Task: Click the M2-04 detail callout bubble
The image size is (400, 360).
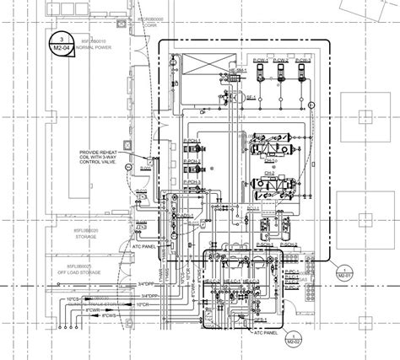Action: [x=61, y=42]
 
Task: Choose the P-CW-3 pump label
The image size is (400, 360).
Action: [x=303, y=62]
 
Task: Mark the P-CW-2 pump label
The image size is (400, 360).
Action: [x=282, y=62]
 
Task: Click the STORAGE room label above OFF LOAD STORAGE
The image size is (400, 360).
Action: [x=84, y=235]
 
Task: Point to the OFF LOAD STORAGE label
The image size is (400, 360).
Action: [x=84, y=272]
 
